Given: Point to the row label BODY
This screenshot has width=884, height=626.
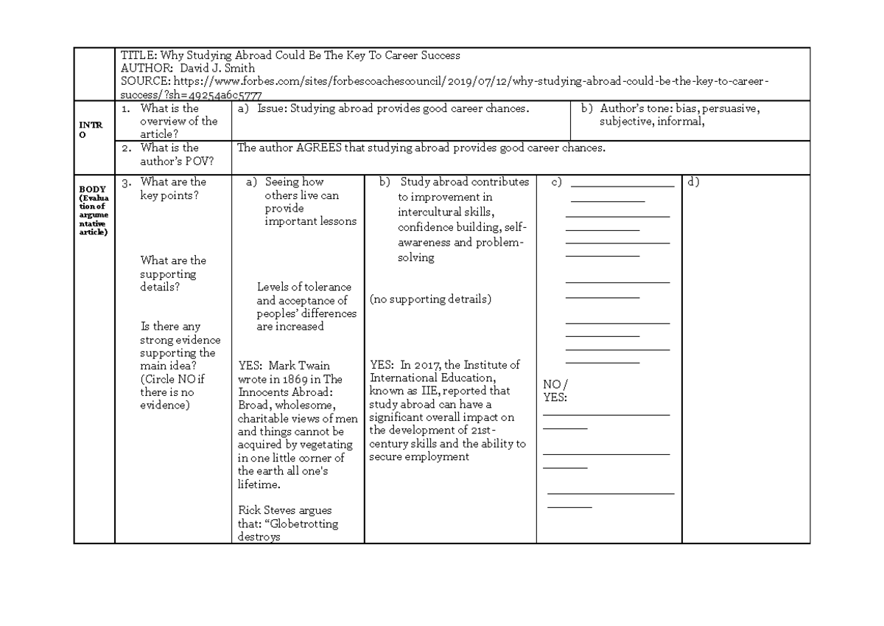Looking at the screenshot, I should click(x=92, y=189).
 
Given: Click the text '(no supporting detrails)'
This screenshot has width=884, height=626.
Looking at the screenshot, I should click(x=430, y=299).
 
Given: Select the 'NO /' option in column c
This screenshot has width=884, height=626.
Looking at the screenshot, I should click(x=555, y=385).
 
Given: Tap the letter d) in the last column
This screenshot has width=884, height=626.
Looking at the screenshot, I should click(x=692, y=181).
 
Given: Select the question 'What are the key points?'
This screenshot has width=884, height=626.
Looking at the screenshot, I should click(x=173, y=189).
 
